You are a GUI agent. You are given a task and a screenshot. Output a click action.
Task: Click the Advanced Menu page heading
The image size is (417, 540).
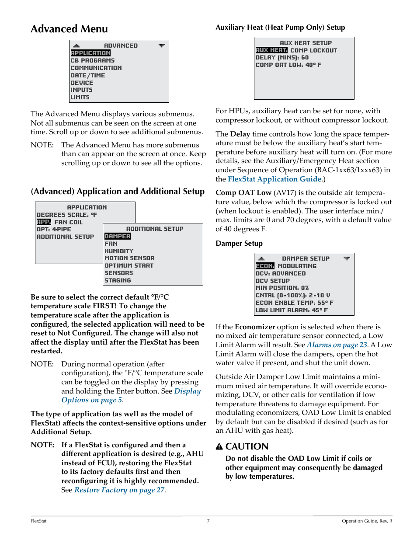pyautogui.click(x=69, y=29)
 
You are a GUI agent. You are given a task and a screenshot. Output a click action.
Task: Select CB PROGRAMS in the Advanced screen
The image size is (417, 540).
pyautogui.click(x=93, y=60)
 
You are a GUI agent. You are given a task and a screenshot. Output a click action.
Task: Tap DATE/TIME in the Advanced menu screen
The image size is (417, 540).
pyautogui.click(x=88, y=75)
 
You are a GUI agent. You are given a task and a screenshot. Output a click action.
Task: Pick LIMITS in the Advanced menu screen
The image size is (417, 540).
pyautogui.click(x=80, y=97)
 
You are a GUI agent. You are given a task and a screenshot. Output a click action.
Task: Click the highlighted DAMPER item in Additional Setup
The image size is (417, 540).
pyautogui.click(x=117, y=236)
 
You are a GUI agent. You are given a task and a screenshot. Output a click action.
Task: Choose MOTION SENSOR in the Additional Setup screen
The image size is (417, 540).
pyautogui.click(x=129, y=258)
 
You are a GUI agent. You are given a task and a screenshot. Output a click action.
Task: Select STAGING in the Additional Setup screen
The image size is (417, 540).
pyautogui.click(x=118, y=280)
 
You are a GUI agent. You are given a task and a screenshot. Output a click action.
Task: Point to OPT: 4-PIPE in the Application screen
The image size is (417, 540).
pyautogui.click(x=54, y=229)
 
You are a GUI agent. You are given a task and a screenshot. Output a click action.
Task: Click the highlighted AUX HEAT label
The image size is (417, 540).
pyautogui.click(x=271, y=50)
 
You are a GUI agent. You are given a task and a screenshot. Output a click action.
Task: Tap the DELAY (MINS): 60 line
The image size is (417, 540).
pyautogui.click(x=282, y=57)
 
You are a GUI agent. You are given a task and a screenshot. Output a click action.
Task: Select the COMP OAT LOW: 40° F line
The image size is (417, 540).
pyautogui.click(x=288, y=65)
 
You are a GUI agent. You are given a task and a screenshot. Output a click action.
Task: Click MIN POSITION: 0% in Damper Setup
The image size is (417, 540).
pyautogui.click(x=282, y=288)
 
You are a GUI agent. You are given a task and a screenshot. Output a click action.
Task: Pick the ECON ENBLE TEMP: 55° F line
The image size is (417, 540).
pyautogui.click(x=294, y=303)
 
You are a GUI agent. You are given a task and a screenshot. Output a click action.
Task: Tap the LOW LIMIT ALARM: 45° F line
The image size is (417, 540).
pyautogui.click(x=292, y=310)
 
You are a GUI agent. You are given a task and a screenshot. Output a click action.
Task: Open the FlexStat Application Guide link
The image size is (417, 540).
pyautogui.click(x=275, y=179)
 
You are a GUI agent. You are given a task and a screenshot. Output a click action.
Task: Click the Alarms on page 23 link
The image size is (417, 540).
pyautogui.click(x=337, y=345)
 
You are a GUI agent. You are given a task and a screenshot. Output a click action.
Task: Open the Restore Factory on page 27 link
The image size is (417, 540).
pyautogui.click(x=119, y=490)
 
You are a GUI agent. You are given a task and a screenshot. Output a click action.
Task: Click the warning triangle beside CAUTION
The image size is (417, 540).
pyautogui.click(x=219, y=446)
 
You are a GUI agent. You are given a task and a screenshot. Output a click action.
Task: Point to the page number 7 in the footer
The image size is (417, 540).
pyautogui.click(x=208, y=521)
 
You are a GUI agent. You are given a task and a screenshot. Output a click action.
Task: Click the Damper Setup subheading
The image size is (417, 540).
pyautogui.click(x=239, y=244)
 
